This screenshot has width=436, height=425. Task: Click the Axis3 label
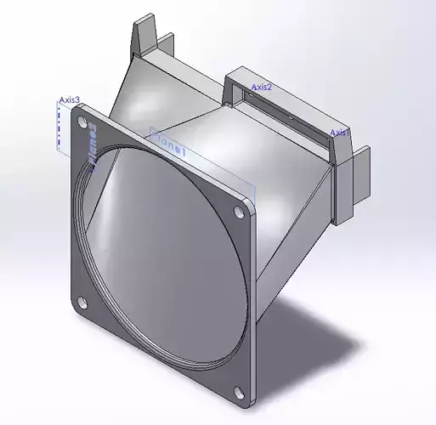(70, 99)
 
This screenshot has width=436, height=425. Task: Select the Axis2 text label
(261, 87)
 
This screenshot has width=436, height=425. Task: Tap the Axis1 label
(339, 133)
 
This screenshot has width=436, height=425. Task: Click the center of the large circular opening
(161, 255)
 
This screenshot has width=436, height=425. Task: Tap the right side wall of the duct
(289, 221)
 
